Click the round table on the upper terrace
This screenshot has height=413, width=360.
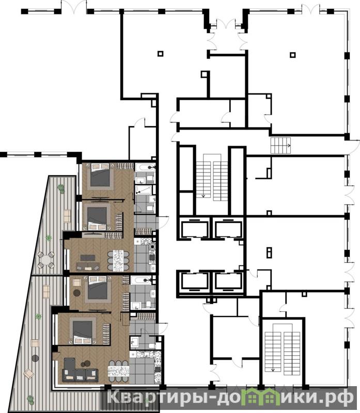[x=46, y=260]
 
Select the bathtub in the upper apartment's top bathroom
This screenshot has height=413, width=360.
[x=145, y=167]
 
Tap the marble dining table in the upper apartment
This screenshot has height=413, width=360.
[x=118, y=261]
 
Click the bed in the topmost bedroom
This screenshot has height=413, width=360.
[x=100, y=175]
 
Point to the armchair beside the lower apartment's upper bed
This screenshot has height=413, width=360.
[x=76, y=282]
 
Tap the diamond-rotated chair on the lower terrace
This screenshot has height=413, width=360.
[x=28, y=373]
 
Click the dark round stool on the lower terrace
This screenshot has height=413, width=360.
[x=35, y=358]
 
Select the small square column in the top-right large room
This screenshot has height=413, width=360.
[x=292, y=55]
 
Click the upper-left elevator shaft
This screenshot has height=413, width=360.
[x=194, y=229]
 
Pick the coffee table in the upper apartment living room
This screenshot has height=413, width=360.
[x=88, y=258]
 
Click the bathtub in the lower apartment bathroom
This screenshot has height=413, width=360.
[x=140, y=280]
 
